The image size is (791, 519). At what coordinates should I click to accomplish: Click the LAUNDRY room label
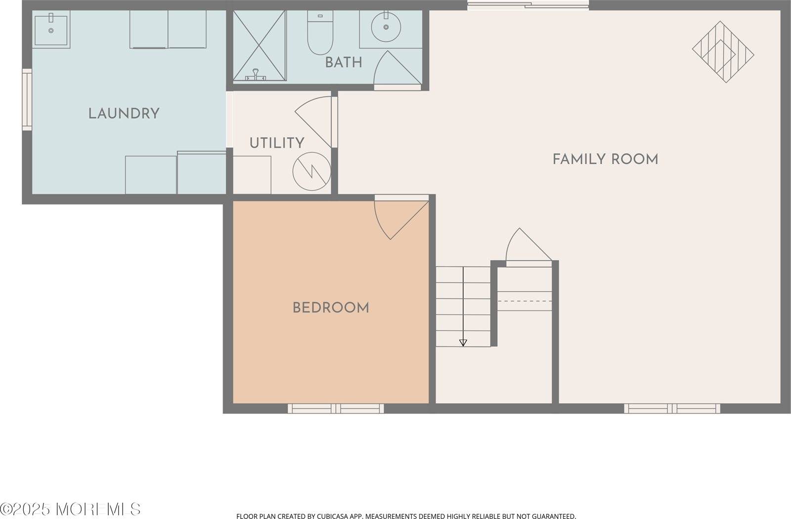click(124, 114)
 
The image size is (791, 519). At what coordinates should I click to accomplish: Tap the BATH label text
click(344, 62)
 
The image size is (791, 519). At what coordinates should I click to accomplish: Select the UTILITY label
click(276, 143)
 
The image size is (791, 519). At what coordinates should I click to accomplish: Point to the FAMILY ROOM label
click(605, 159)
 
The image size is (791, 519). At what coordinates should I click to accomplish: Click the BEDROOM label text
click(331, 308)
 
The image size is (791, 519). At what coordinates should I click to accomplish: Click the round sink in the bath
click(386, 28)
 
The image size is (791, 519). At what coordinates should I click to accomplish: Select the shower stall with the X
click(260, 45)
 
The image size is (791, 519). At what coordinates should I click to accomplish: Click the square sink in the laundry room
click(51, 30)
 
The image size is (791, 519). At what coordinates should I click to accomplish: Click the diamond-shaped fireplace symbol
click(723, 51)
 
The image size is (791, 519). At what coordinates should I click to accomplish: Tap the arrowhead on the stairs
click(463, 342)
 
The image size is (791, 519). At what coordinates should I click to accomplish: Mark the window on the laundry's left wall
click(27, 100)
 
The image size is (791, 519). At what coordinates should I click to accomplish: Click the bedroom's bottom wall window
click(336, 408)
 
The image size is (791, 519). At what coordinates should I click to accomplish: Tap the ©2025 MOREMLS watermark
click(71, 509)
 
